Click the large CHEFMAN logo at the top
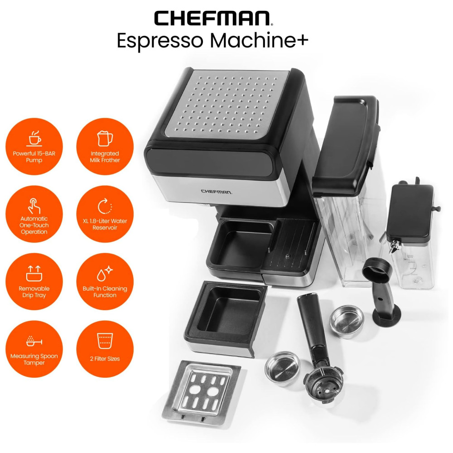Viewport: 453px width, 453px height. [x=213, y=18]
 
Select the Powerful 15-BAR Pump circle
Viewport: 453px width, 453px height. [x=34, y=146]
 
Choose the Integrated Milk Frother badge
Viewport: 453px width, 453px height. [x=105, y=146]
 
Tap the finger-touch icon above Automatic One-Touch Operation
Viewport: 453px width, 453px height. [x=34, y=206]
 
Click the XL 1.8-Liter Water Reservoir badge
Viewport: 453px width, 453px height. [x=105, y=214]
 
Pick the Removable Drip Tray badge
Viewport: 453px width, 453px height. [x=34, y=281]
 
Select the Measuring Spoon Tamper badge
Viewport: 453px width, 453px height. [x=34, y=349]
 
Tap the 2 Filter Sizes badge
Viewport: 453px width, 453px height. [x=105, y=349]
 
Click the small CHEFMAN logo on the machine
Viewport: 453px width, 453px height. [x=217, y=192]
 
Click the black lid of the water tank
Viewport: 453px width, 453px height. [x=345, y=145]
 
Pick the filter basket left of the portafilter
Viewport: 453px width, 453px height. [x=283, y=369]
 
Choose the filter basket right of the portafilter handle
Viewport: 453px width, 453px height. [x=347, y=321]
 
